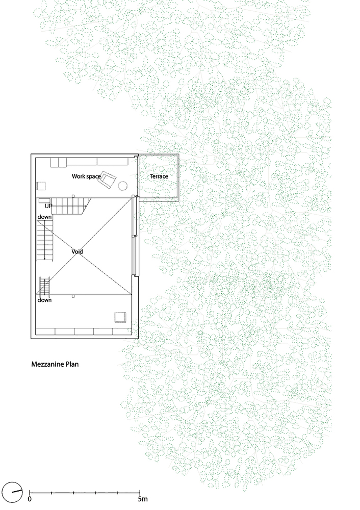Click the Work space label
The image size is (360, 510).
[x=86, y=176]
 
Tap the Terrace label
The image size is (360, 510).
[x=159, y=176]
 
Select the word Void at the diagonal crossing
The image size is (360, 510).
[x=77, y=251]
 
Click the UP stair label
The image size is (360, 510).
[x=48, y=206]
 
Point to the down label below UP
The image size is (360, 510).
[x=44, y=217]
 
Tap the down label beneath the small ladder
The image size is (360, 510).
[x=44, y=300]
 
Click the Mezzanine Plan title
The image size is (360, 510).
[x=55, y=364]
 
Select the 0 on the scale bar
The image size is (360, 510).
[x=30, y=499]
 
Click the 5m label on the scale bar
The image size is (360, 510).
[x=142, y=499]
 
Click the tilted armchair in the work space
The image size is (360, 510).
[x=108, y=179]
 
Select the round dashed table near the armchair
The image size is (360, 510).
[x=122, y=186]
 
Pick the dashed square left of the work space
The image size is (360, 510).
[x=41, y=186]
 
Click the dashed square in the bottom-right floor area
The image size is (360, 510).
[x=120, y=317]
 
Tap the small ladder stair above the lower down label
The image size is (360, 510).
[x=44, y=286]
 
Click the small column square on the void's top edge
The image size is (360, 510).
[x=73, y=196]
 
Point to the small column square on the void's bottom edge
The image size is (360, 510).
[x=73, y=296]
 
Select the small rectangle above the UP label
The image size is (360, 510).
[x=44, y=200]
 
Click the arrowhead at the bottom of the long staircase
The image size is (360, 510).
[x=45, y=259]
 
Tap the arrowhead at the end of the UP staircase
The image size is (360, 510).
[x=86, y=206]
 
